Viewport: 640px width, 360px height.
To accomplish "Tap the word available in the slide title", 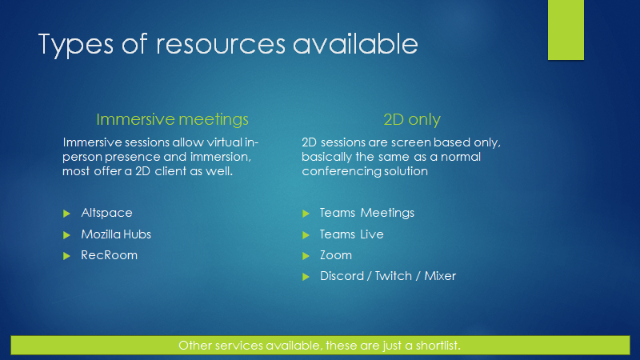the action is [x=355, y=44].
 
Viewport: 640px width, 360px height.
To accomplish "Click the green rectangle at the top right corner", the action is [x=566, y=30].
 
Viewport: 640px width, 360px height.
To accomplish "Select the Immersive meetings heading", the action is [x=172, y=119].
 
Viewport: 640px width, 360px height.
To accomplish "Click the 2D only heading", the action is [x=412, y=119].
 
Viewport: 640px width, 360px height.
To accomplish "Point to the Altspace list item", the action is [x=106, y=213].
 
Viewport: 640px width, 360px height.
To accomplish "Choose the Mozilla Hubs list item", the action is [x=116, y=234].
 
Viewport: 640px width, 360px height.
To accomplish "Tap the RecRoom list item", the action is [x=109, y=255].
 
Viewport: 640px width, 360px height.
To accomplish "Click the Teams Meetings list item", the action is [x=367, y=213].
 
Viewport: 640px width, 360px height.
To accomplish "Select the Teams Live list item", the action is [x=351, y=234].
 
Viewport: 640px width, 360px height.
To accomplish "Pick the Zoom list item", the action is [x=335, y=255].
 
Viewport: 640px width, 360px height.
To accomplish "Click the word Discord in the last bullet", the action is [x=342, y=276].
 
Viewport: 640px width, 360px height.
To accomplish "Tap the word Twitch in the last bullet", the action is [x=393, y=276].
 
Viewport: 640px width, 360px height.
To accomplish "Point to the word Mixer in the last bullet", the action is [x=440, y=276].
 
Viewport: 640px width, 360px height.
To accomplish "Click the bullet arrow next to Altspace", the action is [x=66, y=214].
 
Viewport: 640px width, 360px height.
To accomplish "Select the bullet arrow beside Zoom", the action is [x=306, y=256].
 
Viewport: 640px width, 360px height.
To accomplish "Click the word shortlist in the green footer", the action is [x=438, y=346].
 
